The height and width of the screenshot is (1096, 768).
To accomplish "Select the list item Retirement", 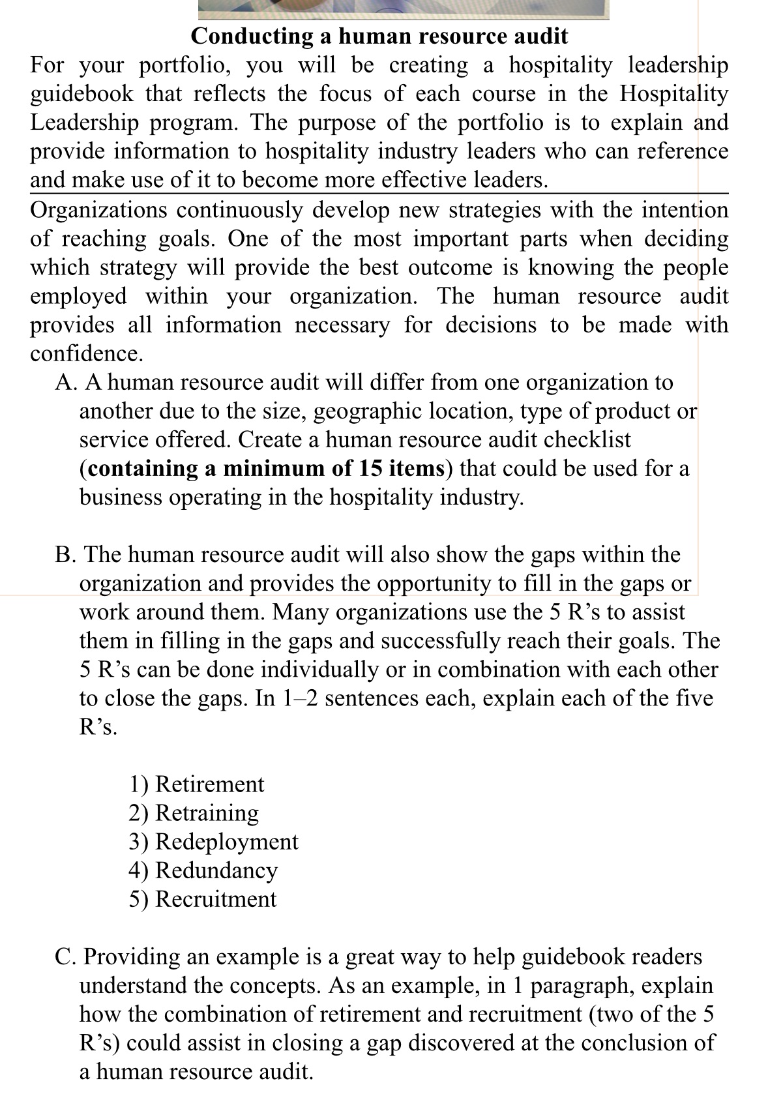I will (210, 784).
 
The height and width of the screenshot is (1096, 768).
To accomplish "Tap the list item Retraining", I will (207, 812).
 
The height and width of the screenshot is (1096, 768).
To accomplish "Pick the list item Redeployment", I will (227, 841).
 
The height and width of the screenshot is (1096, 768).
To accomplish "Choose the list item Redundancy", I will (216, 870).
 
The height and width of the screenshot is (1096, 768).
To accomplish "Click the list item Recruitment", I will (216, 898).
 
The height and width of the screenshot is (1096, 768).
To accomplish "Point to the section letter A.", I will (64, 382).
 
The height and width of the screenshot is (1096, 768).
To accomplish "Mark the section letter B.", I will (64, 554).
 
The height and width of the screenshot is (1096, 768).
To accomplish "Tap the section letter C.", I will (64, 956).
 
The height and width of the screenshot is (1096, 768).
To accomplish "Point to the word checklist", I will (587, 439).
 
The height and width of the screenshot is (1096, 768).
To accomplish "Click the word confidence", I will (85, 353).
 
